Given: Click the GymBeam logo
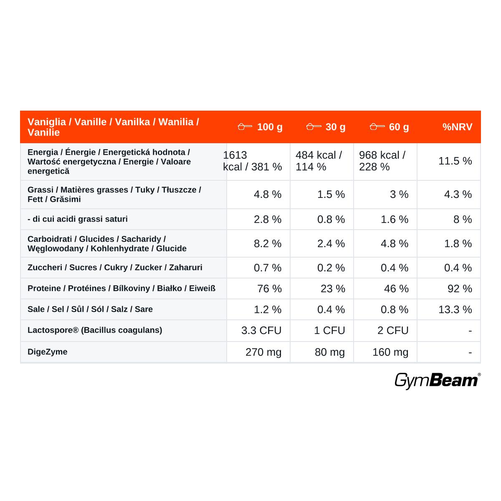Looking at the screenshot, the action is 438,381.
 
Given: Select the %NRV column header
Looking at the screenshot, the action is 457,127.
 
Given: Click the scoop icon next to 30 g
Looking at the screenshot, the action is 314,127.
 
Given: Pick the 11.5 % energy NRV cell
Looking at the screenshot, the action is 455,161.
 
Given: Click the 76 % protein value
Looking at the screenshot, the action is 269,288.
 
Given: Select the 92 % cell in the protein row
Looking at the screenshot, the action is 460,288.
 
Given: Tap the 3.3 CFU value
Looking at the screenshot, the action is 261,330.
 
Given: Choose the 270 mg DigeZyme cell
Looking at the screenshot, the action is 263,352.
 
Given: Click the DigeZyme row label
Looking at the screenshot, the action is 47,352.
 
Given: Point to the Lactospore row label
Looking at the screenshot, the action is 95,330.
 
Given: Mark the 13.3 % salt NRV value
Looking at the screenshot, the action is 455,309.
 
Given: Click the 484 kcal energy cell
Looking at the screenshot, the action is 319,161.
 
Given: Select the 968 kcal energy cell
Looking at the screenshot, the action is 382,161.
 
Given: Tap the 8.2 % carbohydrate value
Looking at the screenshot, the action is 268,243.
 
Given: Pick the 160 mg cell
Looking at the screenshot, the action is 390,352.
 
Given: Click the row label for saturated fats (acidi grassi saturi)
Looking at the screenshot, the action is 78,219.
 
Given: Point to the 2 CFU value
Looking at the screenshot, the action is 393,330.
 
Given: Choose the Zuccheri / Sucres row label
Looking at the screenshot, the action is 115,268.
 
